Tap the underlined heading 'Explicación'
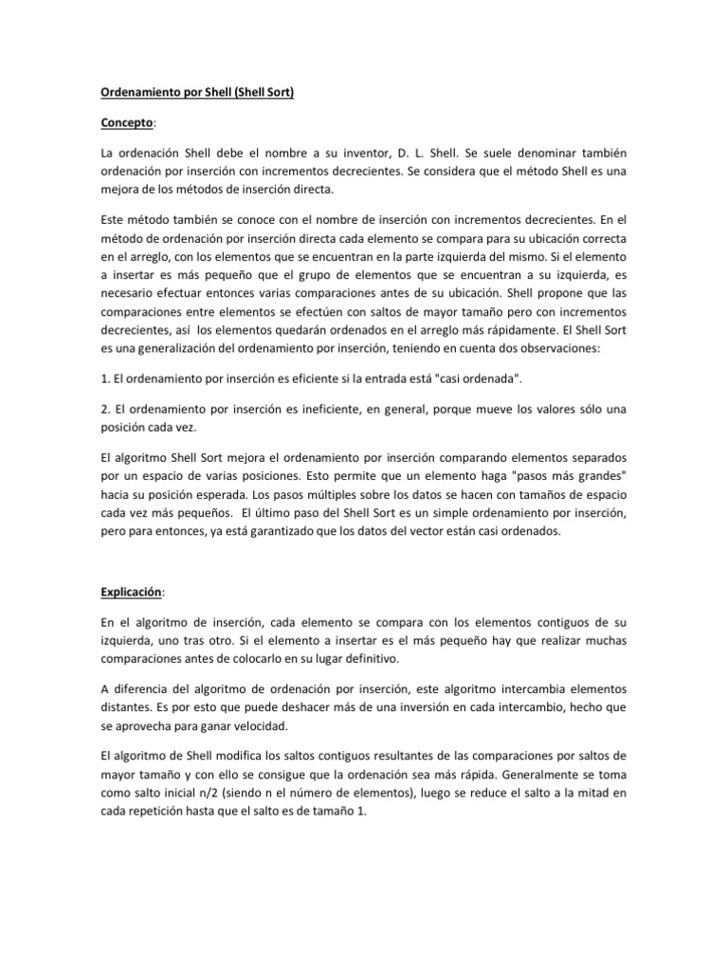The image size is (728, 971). coord(131,593)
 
